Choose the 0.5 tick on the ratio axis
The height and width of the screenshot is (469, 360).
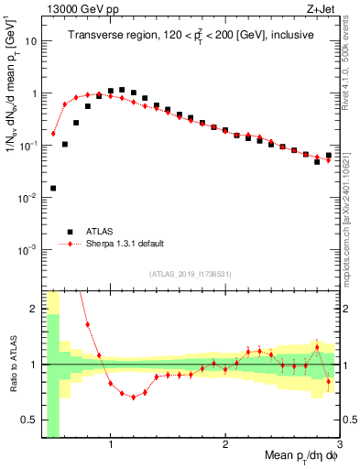[x=29, y=420]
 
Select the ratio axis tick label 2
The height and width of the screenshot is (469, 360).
[x=33, y=309]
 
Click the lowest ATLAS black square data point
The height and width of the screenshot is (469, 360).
[x=53, y=188]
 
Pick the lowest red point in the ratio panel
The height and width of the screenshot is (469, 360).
[x=134, y=397]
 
